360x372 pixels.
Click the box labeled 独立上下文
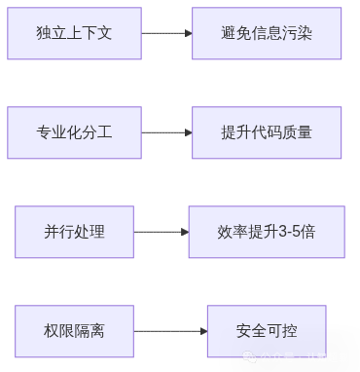74,33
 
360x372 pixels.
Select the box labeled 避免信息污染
267,33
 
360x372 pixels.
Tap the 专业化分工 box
74,132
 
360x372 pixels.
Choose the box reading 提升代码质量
267,132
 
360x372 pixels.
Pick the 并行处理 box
74,232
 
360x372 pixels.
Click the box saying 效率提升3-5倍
267,232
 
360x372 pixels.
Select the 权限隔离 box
74,331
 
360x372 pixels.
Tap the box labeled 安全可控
267,331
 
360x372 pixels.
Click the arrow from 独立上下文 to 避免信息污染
166,33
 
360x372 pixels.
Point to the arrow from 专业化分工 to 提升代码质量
166,132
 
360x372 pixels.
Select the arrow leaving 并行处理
161,232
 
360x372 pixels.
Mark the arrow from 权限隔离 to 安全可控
169,331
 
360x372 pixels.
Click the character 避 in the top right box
230,33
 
